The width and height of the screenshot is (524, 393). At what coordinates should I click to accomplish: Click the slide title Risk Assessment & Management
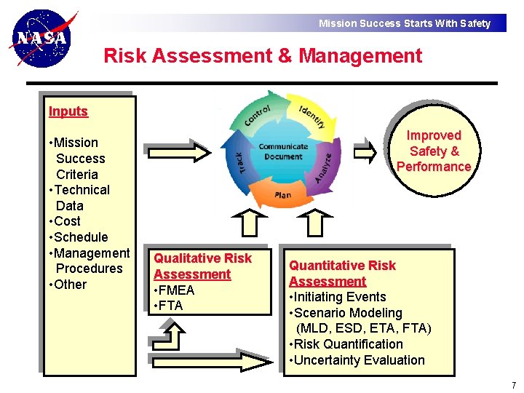click(263, 56)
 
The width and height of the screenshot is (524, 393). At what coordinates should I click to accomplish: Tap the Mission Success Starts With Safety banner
click(405, 23)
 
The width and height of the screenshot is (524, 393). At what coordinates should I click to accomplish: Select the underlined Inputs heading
click(68, 111)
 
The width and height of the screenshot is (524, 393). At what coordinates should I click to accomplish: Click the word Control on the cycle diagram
click(258, 114)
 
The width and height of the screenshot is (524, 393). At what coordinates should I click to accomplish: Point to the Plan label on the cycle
click(283, 195)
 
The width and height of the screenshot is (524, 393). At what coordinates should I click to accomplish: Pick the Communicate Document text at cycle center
click(283, 151)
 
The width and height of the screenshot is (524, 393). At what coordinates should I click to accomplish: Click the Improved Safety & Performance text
click(434, 151)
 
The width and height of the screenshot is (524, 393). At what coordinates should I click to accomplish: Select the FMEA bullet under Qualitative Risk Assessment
click(175, 290)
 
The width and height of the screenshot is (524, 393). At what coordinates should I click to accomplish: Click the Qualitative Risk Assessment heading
click(202, 266)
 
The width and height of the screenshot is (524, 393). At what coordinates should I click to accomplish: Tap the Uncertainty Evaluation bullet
click(359, 360)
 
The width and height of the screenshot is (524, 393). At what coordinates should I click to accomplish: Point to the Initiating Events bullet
click(339, 297)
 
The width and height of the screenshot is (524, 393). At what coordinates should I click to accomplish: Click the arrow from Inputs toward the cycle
click(175, 151)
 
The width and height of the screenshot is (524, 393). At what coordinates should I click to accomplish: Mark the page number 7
click(513, 385)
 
